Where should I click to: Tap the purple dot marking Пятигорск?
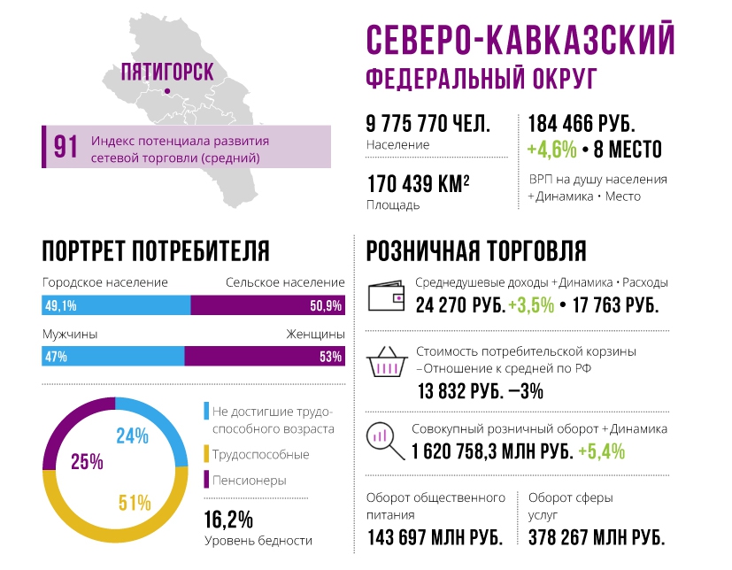[x=166, y=90]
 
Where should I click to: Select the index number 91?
[x=65, y=147]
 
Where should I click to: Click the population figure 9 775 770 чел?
[x=428, y=124]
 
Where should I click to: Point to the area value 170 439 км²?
[x=418, y=184]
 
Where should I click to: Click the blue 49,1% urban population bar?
[x=116, y=306]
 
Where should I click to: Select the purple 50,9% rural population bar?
[x=267, y=306]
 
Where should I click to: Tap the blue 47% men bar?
[x=112, y=357]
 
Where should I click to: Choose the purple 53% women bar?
[x=264, y=357]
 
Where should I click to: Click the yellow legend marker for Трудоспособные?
[x=206, y=454]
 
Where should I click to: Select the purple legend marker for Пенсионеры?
[x=206, y=480]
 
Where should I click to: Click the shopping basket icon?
[x=387, y=363]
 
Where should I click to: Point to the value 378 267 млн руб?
[x=596, y=537]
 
